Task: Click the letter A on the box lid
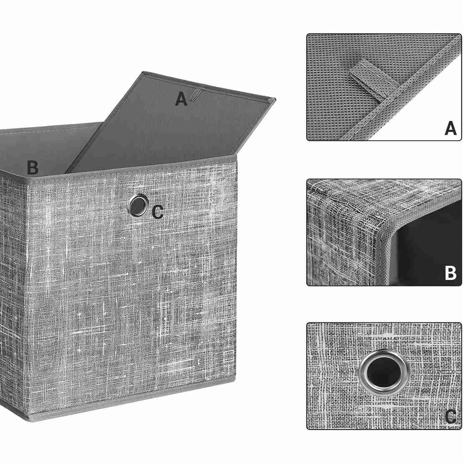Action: point(181,99)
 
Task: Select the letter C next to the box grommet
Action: point(158,212)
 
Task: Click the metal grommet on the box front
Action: point(137,205)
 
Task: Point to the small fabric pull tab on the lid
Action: point(195,95)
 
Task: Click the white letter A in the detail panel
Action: point(450,128)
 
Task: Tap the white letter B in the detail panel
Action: point(450,273)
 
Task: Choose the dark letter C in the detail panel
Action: point(450,417)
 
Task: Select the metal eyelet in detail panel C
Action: point(384,372)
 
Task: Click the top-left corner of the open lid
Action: point(144,72)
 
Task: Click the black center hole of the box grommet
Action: point(137,205)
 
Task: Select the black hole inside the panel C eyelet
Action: point(384,372)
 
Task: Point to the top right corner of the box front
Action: point(237,156)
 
